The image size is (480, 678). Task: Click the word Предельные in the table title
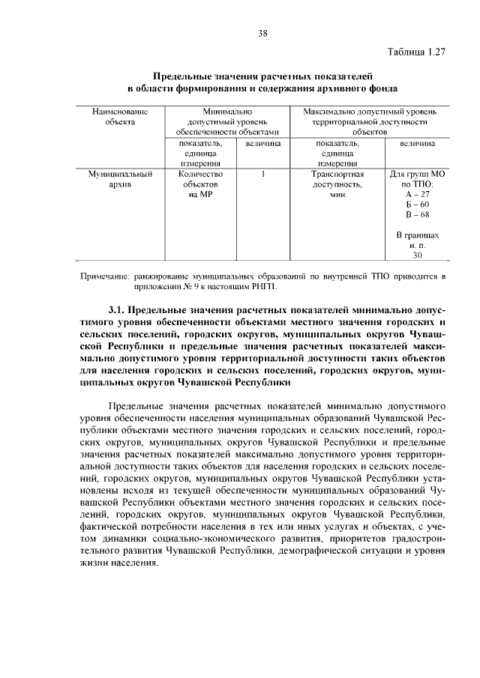(x=183, y=76)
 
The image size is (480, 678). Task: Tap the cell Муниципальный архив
(x=120, y=178)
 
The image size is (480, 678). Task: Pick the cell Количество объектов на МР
(x=199, y=184)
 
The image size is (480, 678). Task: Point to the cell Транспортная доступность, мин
(x=337, y=184)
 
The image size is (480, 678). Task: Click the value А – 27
(x=417, y=193)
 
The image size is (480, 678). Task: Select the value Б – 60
(x=417, y=204)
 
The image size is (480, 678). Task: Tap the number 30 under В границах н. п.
(x=418, y=255)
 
